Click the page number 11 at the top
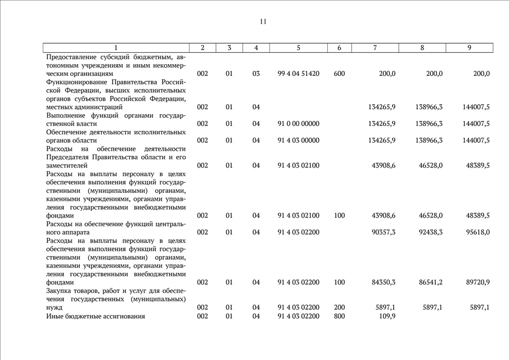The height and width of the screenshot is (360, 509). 263,22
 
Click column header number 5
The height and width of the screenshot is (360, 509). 298,48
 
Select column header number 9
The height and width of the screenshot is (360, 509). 469,48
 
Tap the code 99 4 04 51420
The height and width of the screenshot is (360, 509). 298,74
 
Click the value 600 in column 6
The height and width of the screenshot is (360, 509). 339,74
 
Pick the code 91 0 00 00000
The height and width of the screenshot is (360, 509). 298,124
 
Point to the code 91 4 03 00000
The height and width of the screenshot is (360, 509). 298,141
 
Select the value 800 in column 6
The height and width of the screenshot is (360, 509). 339,316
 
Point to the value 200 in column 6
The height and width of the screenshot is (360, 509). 339,308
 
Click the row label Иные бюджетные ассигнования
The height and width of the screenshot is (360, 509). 95,316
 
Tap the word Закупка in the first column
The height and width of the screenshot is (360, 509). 61,291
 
